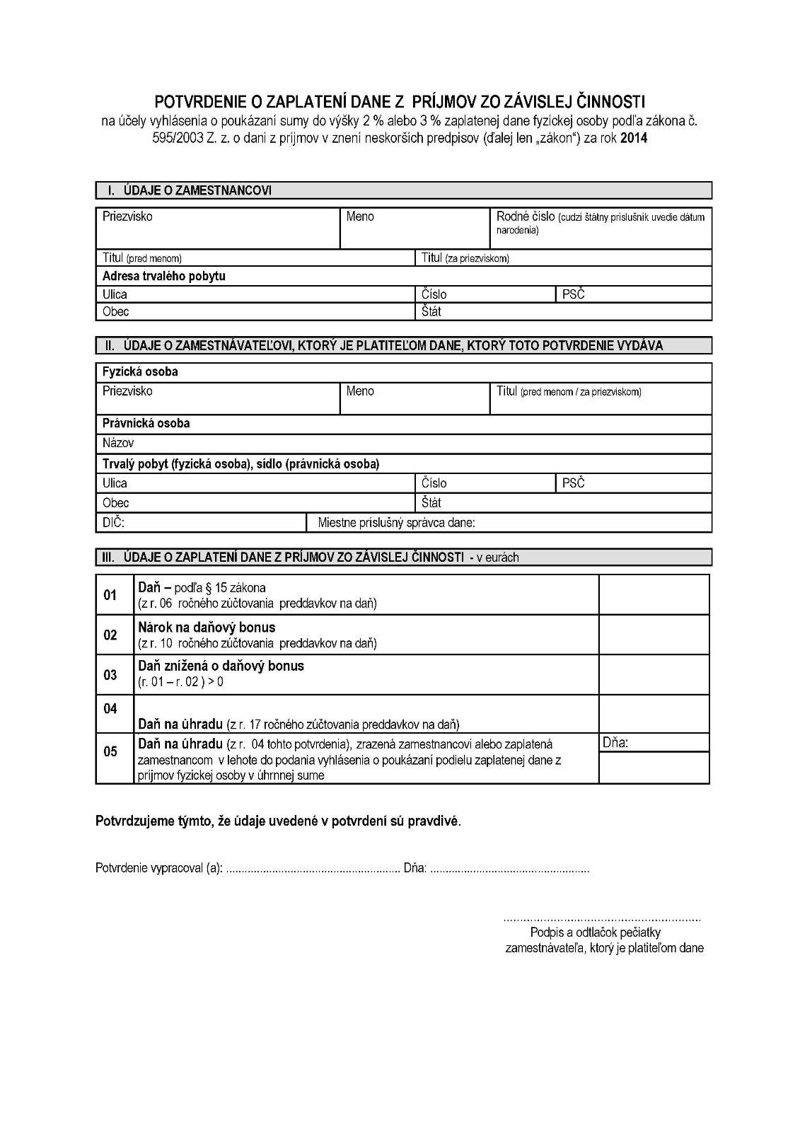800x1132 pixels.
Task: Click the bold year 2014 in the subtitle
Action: click(x=632, y=139)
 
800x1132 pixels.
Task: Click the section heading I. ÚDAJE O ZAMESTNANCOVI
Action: click(x=190, y=190)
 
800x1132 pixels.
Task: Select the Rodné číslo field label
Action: click(x=526, y=216)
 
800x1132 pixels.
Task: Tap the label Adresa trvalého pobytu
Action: click(x=163, y=276)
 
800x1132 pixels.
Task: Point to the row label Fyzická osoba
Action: click(x=140, y=371)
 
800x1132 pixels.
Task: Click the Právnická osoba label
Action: click(x=146, y=423)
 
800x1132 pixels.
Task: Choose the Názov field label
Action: click(x=117, y=443)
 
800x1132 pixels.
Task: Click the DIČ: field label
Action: click(x=113, y=522)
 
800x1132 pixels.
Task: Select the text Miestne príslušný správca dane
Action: click(x=396, y=523)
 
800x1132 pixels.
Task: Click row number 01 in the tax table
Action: click(x=110, y=595)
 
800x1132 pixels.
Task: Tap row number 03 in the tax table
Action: click(x=110, y=675)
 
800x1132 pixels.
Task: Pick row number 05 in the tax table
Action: click(x=110, y=751)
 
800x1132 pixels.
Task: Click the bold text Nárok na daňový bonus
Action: click(x=207, y=628)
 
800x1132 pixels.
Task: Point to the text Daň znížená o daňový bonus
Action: click(x=221, y=666)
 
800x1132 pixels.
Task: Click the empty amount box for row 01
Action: click(x=654, y=594)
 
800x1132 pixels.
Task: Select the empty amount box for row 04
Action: click(x=654, y=713)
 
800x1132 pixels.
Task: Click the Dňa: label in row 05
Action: click(x=615, y=742)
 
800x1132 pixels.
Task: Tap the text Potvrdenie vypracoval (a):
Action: click(x=159, y=868)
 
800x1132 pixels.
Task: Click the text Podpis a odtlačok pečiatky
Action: click(x=595, y=933)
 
